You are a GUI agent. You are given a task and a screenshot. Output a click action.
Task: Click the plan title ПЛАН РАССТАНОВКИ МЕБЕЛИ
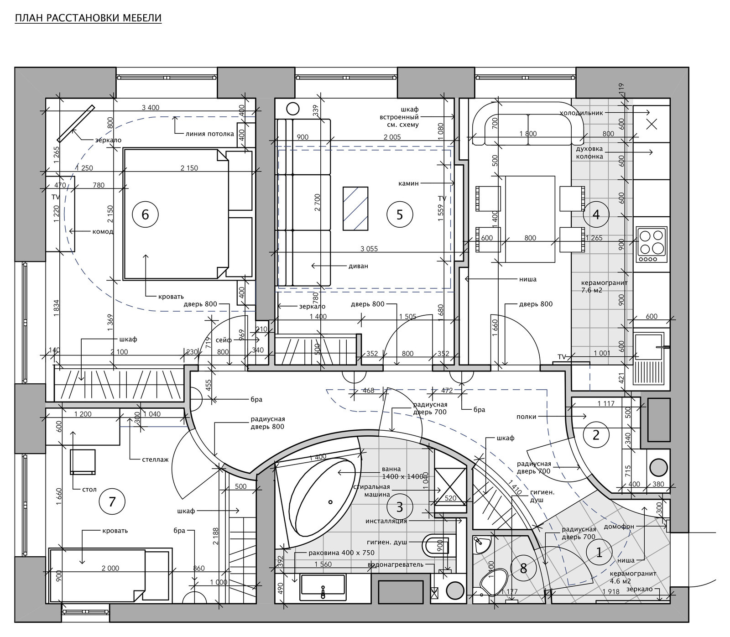tap(88, 18)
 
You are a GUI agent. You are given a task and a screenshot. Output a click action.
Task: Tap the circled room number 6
tap(145, 214)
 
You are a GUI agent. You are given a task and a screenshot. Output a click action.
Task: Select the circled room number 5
tap(400, 214)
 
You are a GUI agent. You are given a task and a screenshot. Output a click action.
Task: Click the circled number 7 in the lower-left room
tap(112, 502)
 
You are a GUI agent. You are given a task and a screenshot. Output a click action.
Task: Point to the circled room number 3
tap(399, 506)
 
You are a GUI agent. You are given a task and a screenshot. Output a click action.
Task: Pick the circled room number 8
tap(523, 568)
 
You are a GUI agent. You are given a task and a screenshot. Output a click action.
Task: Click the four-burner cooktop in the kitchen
tap(652, 245)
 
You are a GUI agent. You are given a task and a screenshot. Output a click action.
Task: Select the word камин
tap(408, 183)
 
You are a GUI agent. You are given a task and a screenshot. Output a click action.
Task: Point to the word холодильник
tap(581, 113)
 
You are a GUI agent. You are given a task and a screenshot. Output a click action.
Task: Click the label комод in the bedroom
tap(103, 231)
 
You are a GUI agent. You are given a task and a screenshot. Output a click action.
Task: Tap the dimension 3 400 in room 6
tap(151, 108)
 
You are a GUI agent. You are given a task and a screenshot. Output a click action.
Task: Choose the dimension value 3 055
tap(369, 249)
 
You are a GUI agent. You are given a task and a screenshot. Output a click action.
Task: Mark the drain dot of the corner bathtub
tap(331, 502)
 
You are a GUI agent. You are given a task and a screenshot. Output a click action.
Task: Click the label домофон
tap(619, 526)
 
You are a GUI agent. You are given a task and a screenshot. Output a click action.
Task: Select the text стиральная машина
tap(371, 491)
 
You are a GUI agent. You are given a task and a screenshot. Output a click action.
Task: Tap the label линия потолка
tap(210, 134)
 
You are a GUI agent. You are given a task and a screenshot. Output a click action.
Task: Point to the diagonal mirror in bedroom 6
tap(76, 124)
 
